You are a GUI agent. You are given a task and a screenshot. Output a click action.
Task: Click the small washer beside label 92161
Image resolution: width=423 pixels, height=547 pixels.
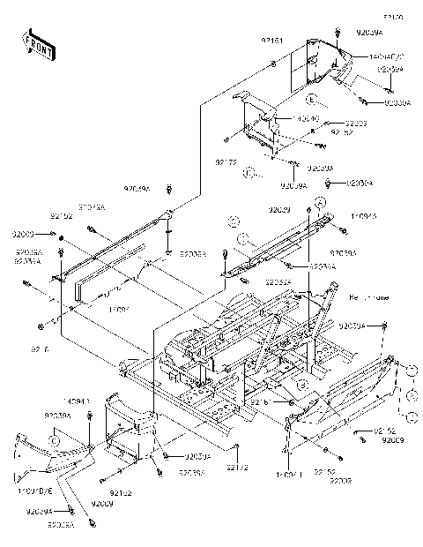click(x=274, y=65)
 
